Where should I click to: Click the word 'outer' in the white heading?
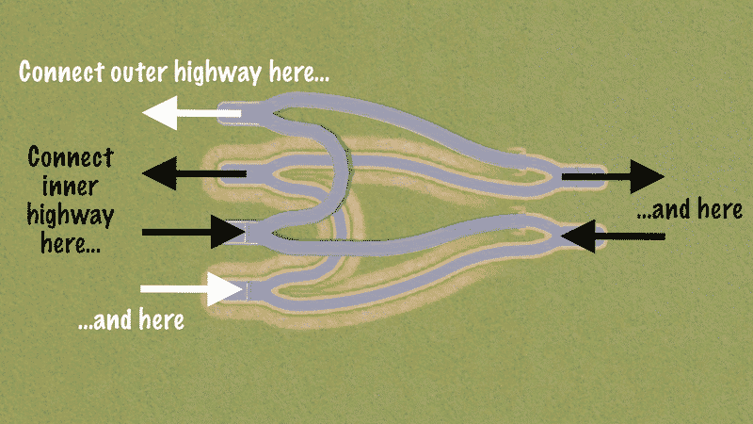[x=142, y=71]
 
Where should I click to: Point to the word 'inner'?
[x=71, y=185]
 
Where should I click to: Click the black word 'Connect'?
[x=71, y=155]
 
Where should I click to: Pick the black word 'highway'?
[x=71, y=215]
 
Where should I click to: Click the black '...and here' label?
[x=691, y=210]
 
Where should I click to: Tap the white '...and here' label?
[x=130, y=320]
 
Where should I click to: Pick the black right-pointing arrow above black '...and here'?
[x=613, y=176]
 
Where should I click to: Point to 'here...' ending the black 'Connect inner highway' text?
[x=71, y=244]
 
